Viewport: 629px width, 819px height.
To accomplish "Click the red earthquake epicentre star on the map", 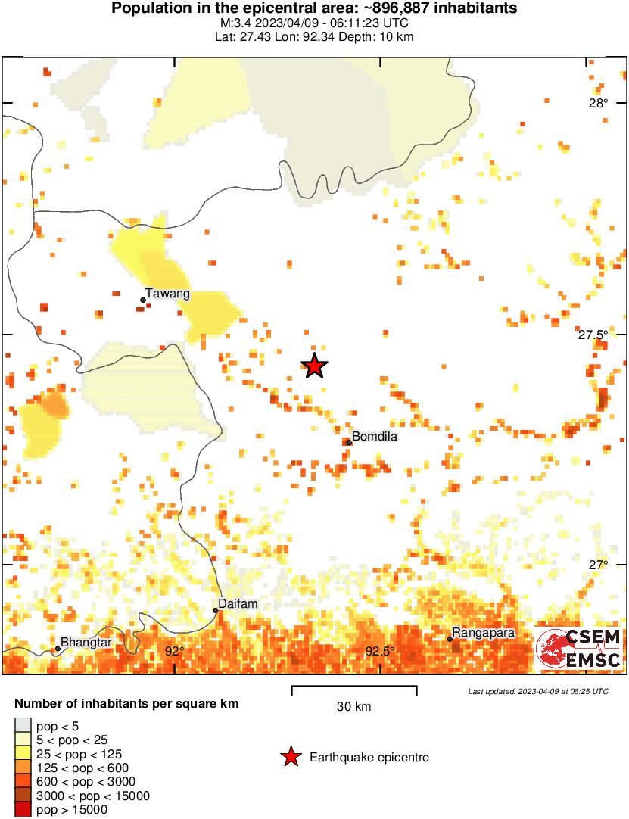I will [x=315, y=366].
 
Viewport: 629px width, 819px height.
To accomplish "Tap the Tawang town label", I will [x=167, y=294].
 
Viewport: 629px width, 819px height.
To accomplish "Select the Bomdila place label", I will [x=375, y=437].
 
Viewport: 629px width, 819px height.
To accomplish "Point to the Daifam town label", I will [x=233, y=604].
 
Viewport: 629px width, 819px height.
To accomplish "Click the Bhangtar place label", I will [x=86, y=643].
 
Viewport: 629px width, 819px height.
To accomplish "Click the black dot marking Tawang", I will [x=142, y=301].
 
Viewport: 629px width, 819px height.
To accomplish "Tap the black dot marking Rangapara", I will [x=450, y=640].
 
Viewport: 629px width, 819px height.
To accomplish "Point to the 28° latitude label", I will [x=599, y=104].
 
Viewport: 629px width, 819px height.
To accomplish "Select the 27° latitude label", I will [x=599, y=565].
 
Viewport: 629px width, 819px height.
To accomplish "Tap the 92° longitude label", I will [x=175, y=651].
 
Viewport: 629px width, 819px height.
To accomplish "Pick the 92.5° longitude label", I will [x=380, y=651].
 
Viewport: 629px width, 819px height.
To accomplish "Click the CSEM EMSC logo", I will [x=579, y=649].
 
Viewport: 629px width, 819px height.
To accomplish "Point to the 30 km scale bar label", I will [x=353, y=707].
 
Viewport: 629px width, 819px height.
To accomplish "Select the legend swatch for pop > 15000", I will [x=23, y=809].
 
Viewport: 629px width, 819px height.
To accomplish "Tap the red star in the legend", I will [x=290, y=757].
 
